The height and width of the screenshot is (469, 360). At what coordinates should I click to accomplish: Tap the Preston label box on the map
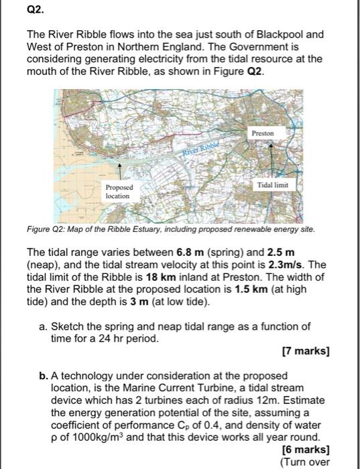point(263,133)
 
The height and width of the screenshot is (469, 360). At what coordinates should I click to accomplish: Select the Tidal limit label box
point(272,184)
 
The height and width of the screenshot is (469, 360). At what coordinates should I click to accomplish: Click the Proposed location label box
point(120,191)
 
